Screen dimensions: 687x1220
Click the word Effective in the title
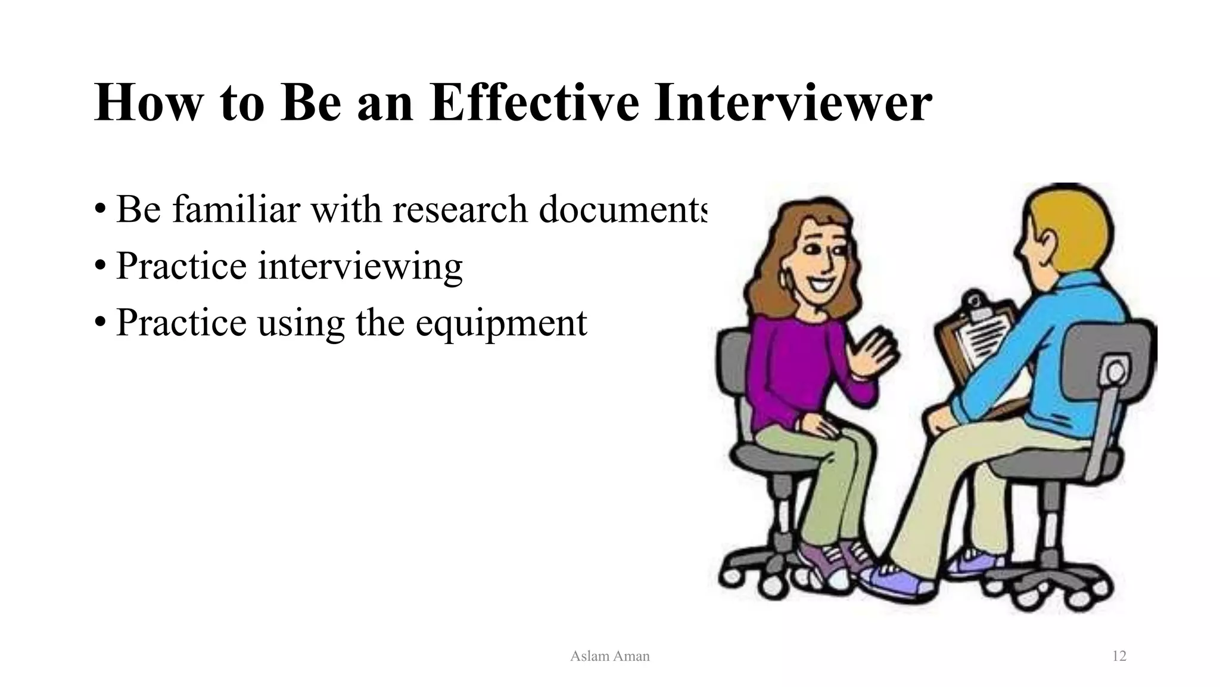pyautogui.click(x=534, y=103)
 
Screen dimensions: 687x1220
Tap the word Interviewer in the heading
pyautogui.click(x=792, y=103)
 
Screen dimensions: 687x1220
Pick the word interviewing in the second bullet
pyautogui.click(x=360, y=266)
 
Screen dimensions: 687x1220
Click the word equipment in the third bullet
pyautogui.click(x=501, y=323)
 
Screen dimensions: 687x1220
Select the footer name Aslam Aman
pyautogui.click(x=609, y=656)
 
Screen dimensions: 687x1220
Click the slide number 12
pyautogui.click(x=1119, y=656)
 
